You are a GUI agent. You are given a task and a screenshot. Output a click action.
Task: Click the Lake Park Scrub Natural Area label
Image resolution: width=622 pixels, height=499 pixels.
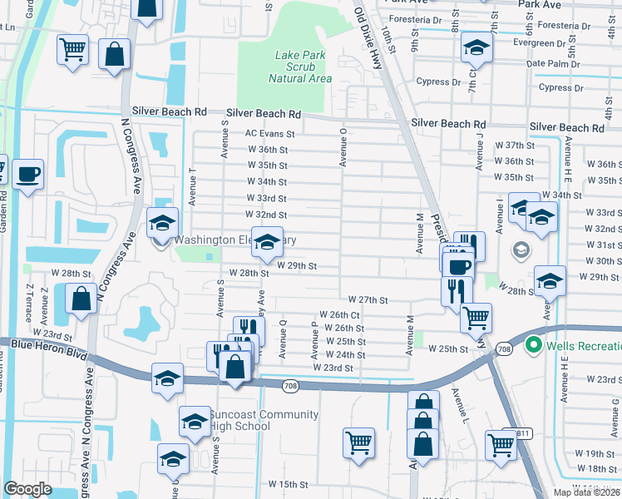(x=300, y=67)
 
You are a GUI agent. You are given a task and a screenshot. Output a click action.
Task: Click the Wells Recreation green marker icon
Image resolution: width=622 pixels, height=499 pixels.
(x=533, y=346)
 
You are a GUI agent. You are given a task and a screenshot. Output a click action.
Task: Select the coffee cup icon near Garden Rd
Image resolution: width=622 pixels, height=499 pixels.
(x=28, y=175)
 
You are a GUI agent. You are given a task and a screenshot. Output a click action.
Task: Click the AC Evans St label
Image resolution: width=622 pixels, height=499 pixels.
(x=270, y=133)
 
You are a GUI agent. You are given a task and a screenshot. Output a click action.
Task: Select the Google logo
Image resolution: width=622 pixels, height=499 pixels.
(x=27, y=489)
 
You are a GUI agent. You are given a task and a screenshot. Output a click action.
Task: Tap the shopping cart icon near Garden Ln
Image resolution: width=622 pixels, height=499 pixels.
(x=73, y=49)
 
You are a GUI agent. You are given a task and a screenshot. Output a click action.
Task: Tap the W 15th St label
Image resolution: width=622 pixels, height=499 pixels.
(x=288, y=484)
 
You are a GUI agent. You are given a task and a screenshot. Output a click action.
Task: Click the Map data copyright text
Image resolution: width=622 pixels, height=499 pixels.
(x=585, y=492)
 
